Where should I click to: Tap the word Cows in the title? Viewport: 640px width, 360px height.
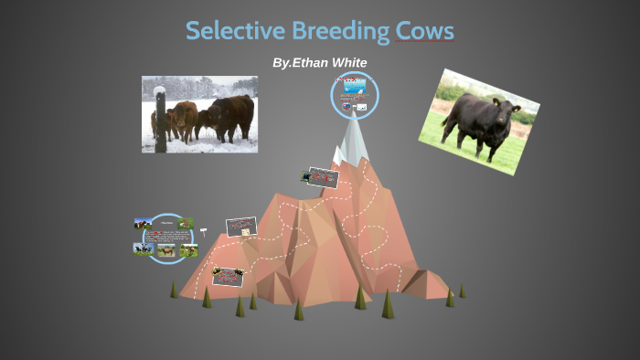pyautogui.click(x=424, y=31)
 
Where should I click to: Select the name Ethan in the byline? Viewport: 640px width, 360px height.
pyautogui.click(x=312, y=62)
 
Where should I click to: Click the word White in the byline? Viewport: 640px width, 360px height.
pyautogui.click(x=349, y=62)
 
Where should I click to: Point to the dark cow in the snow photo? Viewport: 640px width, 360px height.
pyautogui.click(x=229, y=117)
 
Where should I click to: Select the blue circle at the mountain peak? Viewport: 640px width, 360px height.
pyautogui.click(x=355, y=95)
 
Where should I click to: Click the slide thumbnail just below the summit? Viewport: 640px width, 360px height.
pyautogui.click(x=322, y=176)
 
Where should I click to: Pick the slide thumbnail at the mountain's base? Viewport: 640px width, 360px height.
pyautogui.click(x=228, y=276)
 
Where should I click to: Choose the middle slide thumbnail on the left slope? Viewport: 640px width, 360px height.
pyautogui.click(x=241, y=227)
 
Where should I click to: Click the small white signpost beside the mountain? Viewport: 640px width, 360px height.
pyautogui.click(x=203, y=231)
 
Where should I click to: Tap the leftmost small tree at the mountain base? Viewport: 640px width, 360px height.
pyautogui.click(x=174, y=290)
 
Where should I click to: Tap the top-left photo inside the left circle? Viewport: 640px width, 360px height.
pyautogui.click(x=144, y=223)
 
